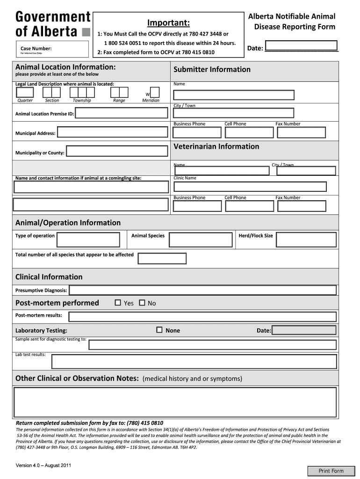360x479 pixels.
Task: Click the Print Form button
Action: (331, 471)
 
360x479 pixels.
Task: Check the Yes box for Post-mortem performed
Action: (118, 303)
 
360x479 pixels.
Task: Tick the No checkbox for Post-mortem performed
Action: (142, 303)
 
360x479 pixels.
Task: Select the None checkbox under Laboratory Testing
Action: (159, 330)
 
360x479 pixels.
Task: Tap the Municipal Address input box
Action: (112, 133)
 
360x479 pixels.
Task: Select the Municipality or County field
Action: (117, 151)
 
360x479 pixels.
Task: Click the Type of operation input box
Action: (89, 239)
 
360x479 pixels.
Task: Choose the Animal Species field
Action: (201, 239)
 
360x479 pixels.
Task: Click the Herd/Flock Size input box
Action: (306, 239)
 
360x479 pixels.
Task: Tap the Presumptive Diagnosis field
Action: (202, 290)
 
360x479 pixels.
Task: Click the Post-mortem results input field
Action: (202, 316)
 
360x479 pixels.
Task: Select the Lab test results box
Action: (194, 361)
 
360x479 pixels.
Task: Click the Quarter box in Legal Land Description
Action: (25, 92)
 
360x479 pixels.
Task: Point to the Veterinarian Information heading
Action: (216, 146)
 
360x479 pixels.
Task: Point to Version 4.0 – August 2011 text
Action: (43, 465)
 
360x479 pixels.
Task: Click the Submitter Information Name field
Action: (234, 95)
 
